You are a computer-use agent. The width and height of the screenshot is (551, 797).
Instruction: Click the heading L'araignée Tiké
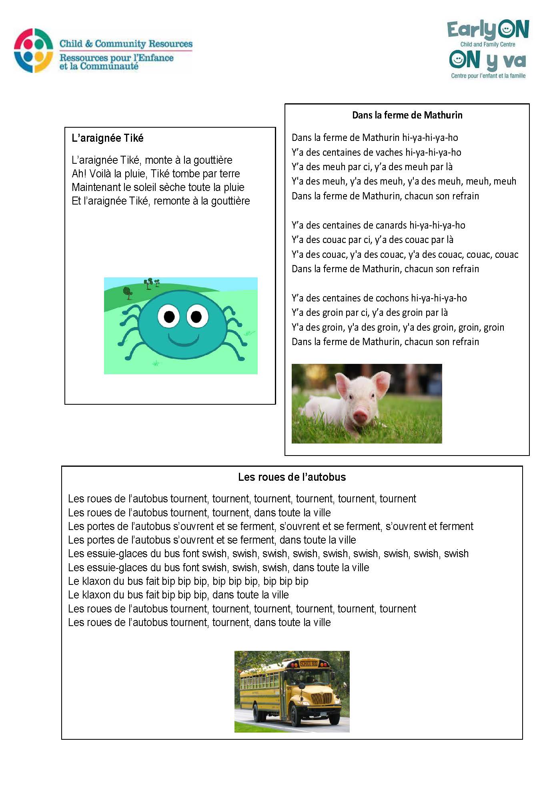tap(107, 138)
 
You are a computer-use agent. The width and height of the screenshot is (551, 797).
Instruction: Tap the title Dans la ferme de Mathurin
tap(407, 115)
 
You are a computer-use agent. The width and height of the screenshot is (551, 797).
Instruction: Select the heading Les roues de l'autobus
tap(292, 477)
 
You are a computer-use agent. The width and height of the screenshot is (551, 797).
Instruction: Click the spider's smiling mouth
tap(184, 339)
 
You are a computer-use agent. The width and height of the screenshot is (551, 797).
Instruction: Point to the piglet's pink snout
tap(360, 417)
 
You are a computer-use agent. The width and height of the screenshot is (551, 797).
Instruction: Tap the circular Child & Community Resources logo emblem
tap(34, 50)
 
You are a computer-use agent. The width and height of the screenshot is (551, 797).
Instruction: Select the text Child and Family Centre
tap(487, 44)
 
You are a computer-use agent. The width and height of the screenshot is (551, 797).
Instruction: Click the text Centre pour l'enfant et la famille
tap(488, 76)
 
